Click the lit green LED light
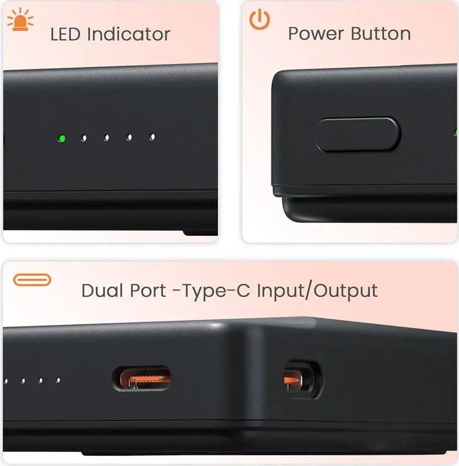tap(62, 138)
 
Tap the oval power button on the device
tap(358, 135)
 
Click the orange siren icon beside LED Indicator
tap(20, 21)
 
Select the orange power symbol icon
tap(259, 19)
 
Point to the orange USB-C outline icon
tap(32, 280)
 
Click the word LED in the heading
tap(66, 35)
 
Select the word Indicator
tap(129, 35)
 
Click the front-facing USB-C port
tap(142, 378)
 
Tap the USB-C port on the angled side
tap(300, 380)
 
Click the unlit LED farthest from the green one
tap(152, 137)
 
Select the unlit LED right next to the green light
tap(83, 138)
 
